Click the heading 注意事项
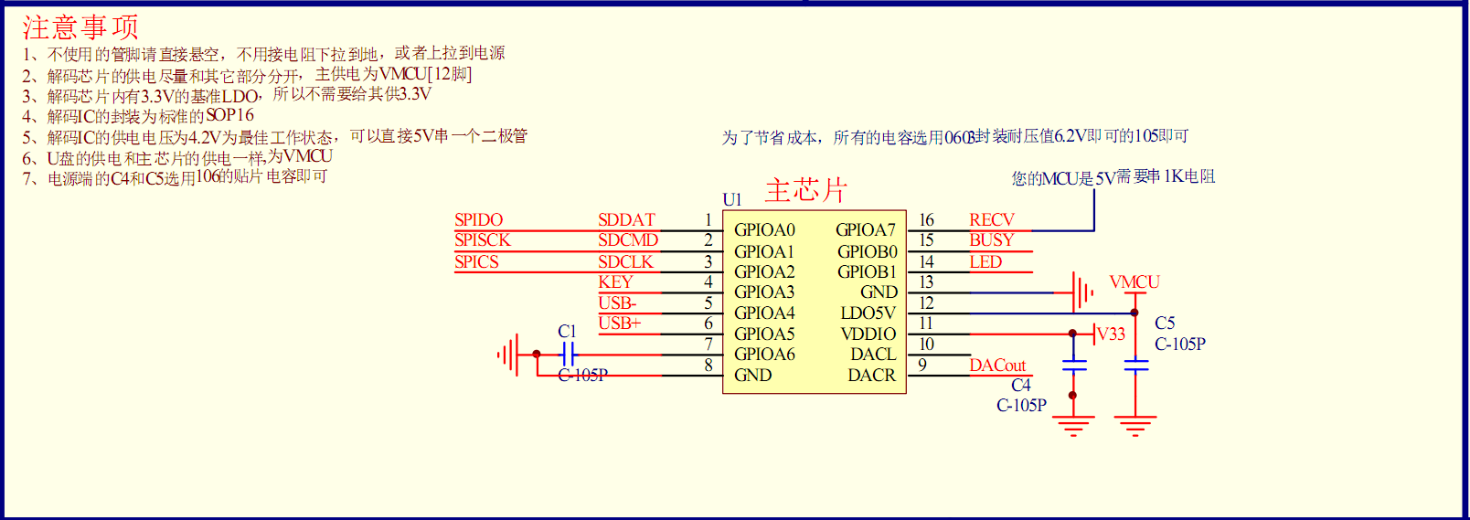point(80,27)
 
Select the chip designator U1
point(731,199)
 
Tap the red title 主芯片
point(805,190)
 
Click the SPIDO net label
point(478,220)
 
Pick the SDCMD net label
point(627,240)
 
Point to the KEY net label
point(615,282)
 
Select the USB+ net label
point(619,324)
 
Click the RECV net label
point(991,220)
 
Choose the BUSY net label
point(991,240)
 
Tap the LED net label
point(985,262)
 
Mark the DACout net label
point(997,366)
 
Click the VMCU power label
point(1134,282)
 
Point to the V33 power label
point(1111,334)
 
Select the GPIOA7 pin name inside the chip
point(865,230)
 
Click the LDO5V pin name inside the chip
point(868,313)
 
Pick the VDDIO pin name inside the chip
point(868,334)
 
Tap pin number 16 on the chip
point(926,220)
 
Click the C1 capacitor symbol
point(568,355)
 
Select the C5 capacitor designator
point(1165,324)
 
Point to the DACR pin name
point(871,376)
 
